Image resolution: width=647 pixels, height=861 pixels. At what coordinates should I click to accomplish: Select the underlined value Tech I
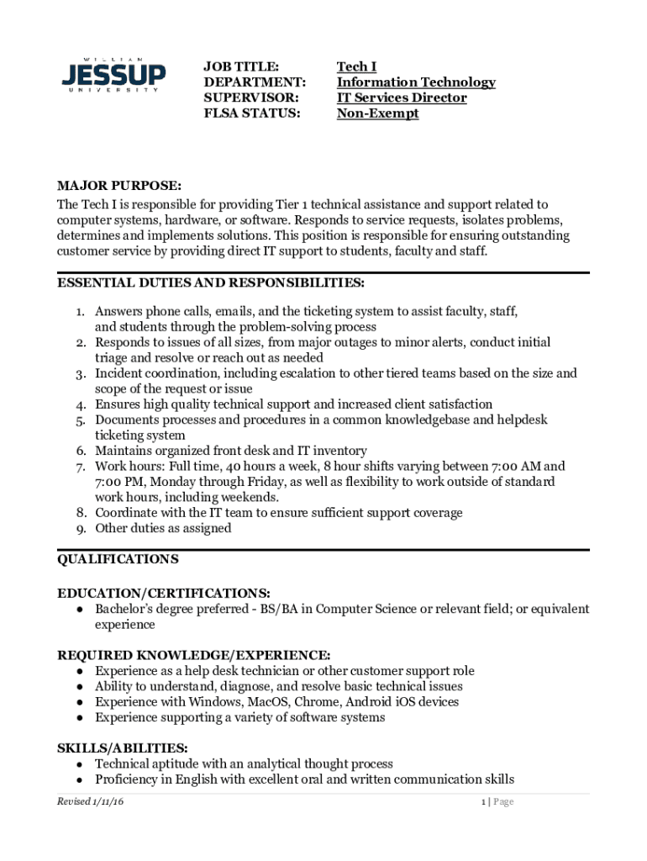pos(356,66)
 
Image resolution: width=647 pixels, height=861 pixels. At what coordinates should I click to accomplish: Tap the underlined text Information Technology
pos(416,82)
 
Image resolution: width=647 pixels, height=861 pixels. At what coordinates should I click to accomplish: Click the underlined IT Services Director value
pos(402,98)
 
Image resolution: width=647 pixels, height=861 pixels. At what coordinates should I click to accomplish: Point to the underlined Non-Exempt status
pos(377,114)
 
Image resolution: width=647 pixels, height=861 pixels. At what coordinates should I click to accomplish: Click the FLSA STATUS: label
pos(252,114)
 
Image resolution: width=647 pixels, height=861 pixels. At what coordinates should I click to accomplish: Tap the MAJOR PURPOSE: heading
pos(119,185)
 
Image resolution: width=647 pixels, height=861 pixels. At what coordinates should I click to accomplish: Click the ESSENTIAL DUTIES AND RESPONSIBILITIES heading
pos(210,282)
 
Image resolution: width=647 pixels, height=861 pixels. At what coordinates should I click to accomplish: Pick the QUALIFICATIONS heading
pos(118,559)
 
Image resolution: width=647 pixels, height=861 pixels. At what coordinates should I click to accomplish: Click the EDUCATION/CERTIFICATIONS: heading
pos(164,593)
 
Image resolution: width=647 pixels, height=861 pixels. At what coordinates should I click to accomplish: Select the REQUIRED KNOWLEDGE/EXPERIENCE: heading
pos(193,655)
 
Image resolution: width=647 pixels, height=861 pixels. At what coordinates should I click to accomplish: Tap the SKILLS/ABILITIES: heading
pos(122,748)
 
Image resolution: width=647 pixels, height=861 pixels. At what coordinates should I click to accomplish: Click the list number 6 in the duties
pos(82,452)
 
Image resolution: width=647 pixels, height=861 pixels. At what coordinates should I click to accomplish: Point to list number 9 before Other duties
pos(82,529)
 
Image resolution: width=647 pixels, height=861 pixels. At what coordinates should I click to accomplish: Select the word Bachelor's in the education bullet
pos(124,609)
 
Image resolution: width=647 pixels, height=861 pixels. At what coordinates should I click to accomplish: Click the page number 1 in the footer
pos(483,802)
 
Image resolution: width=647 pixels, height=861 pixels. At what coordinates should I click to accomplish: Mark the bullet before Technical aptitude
pos(78,764)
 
